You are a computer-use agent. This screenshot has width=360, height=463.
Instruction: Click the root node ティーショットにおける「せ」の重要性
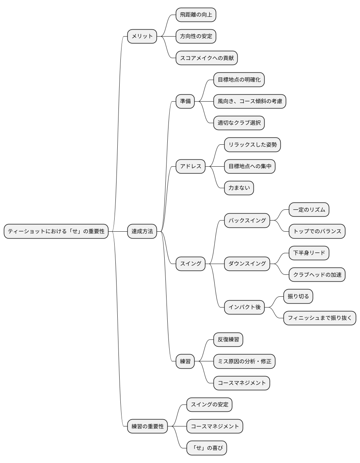pyautogui.click(x=56, y=231)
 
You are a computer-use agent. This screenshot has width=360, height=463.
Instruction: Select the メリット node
pyautogui.click(x=142, y=37)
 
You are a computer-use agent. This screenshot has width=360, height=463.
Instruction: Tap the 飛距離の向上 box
pyautogui.click(x=196, y=15)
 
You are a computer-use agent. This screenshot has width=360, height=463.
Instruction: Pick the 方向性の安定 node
pyautogui.click(x=196, y=37)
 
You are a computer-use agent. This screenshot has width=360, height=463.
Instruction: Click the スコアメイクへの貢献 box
pyautogui.click(x=207, y=58)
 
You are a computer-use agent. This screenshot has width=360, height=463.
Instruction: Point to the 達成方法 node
pyautogui.click(x=142, y=231)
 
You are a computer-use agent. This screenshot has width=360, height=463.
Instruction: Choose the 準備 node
pyautogui.click(x=185, y=101)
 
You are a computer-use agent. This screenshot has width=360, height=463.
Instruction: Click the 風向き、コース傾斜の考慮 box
pyautogui.click(x=250, y=101)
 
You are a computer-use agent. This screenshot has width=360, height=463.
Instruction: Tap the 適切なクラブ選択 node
pyautogui.click(x=239, y=123)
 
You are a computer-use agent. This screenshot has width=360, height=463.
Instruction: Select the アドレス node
pyautogui.click(x=190, y=166)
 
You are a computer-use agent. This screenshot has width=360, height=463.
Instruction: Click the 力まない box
pyautogui.click(x=239, y=188)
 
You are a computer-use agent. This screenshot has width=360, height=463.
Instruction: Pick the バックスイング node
pyautogui.click(x=247, y=221)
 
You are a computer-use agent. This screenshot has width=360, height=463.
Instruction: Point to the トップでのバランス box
pyautogui.click(x=317, y=231)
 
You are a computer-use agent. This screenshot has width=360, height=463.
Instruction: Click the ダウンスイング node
pyautogui.click(x=247, y=264)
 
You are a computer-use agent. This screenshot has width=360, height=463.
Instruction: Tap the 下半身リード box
pyautogui.click(x=309, y=253)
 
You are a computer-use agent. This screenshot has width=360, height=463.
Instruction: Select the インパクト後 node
pyautogui.click(x=244, y=307)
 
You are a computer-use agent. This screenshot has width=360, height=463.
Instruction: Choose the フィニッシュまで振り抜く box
pyautogui.click(x=320, y=318)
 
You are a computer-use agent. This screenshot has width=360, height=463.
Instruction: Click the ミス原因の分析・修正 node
pyautogui.click(x=244, y=361)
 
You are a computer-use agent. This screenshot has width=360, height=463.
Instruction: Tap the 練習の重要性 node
pyautogui.click(x=148, y=426)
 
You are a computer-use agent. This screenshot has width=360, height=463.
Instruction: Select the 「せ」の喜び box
pyautogui.click(x=207, y=448)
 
